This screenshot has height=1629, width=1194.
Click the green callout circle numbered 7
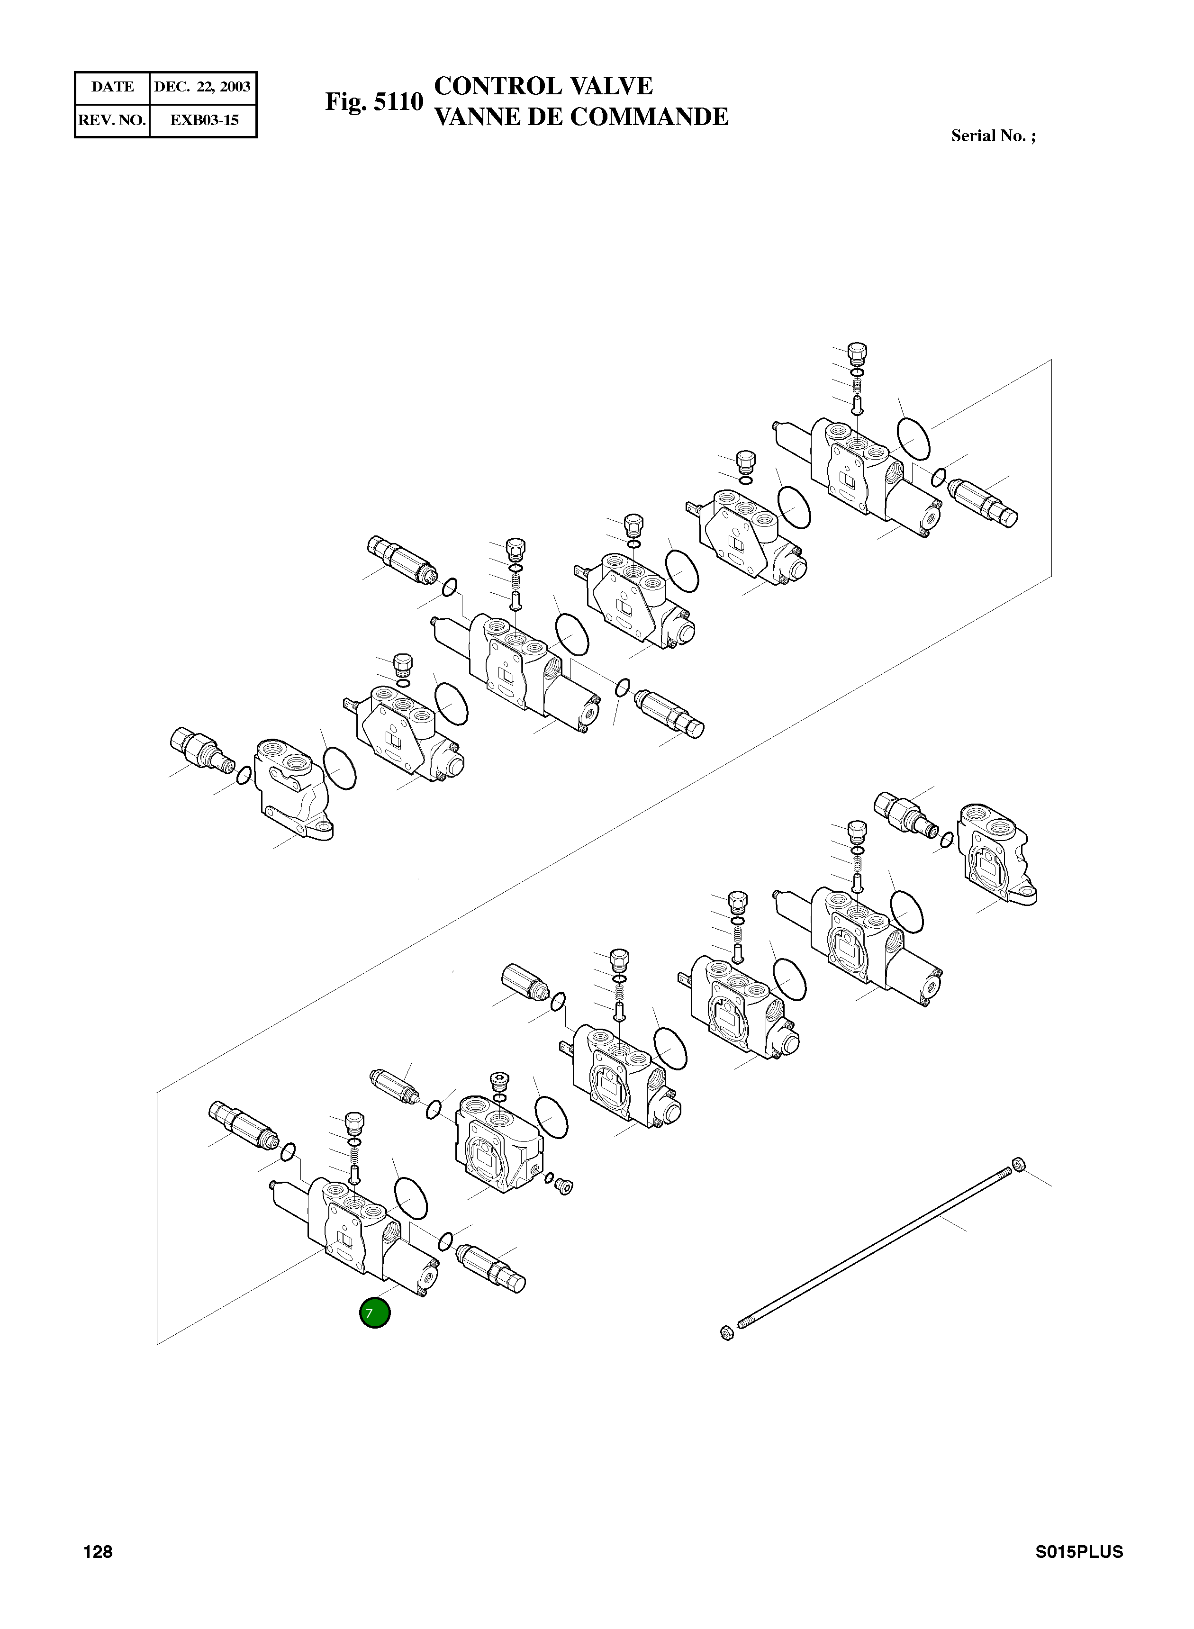pos(374,1313)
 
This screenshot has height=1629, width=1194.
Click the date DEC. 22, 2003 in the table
pos(202,87)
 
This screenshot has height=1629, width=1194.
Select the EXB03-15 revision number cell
pos(204,120)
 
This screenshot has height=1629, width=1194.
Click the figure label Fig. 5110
pos(374,102)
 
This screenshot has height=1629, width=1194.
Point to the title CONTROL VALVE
pos(543,86)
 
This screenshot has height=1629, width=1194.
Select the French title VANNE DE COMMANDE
pos(581,117)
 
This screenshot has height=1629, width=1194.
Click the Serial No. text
pos(993,136)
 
